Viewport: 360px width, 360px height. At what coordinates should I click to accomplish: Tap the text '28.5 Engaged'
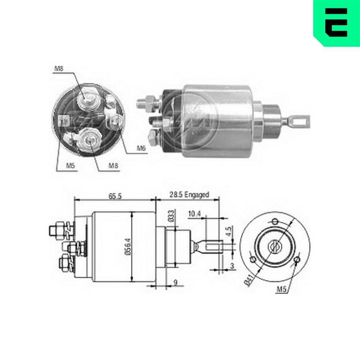tap(189, 195)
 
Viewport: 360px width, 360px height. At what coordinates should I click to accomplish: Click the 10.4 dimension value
tap(194, 214)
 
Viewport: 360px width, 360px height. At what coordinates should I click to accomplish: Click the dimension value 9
tap(175, 283)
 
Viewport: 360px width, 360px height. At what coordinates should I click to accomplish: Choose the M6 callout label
tap(141, 148)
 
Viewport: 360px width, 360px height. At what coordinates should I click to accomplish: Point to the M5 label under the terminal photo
tap(70, 166)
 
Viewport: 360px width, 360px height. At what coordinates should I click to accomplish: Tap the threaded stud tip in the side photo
tap(141, 103)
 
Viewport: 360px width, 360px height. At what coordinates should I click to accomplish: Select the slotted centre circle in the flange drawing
tap(275, 247)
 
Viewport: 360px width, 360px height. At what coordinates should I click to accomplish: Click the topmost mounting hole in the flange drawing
tap(275, 221)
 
